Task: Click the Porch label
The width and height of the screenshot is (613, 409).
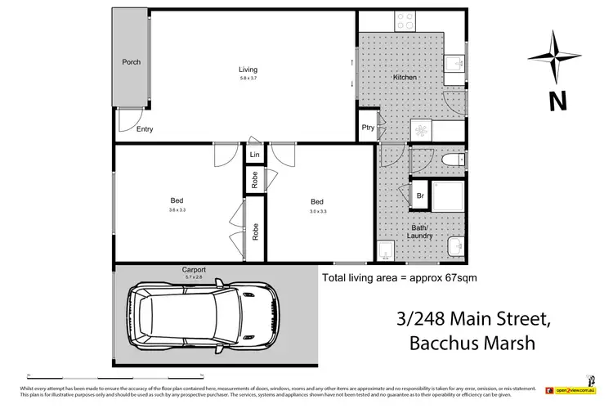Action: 131,62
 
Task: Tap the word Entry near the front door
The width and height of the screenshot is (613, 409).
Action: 145,129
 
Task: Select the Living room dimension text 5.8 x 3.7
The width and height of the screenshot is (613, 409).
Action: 248,79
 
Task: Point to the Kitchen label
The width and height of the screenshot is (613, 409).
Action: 405,78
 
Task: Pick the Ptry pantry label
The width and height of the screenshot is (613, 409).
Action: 369,128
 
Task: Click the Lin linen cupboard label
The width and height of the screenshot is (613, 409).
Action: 255,155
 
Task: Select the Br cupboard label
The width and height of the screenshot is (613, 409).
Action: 420,196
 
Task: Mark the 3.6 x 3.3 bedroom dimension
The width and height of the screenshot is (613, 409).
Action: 177,210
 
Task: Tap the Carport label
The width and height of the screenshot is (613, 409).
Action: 194,269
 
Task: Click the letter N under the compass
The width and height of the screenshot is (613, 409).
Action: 557,101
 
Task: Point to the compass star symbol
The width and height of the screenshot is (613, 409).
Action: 557,57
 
